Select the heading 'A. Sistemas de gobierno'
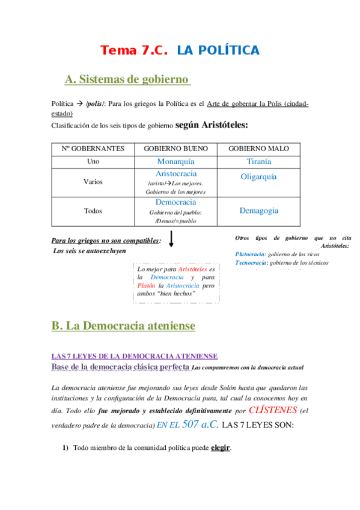(127, 79)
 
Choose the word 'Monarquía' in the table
(175, 161)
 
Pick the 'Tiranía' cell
(258, 161)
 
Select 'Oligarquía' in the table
(258, 177)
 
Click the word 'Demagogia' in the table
(258, 210)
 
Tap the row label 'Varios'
(93, 182)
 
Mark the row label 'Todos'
(93, 211)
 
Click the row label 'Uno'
(93, 161)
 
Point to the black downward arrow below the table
(172, 239)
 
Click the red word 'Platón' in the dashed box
(147, 286)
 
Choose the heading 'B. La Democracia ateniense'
(123, 325)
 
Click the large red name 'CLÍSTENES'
(273, 410)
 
